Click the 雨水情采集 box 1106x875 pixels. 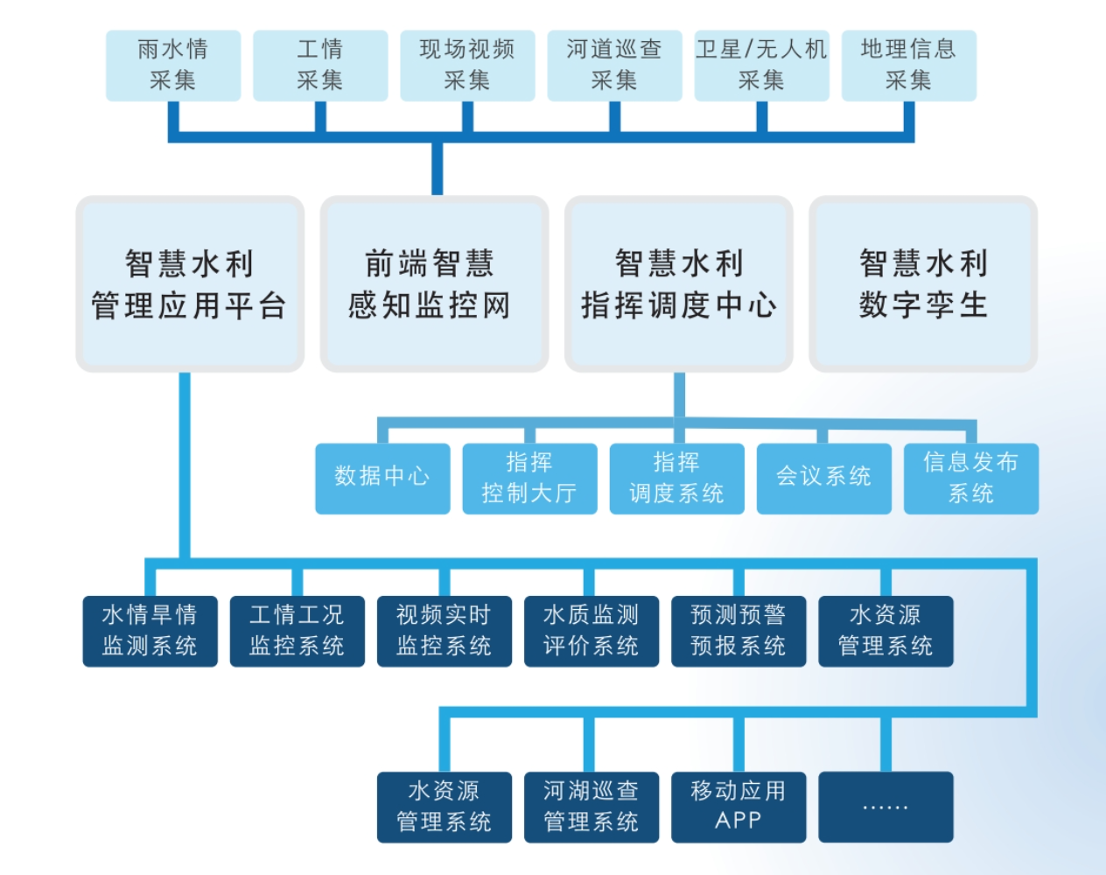pyautogui.click(x=173, y=66)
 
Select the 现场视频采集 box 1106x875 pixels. pyautogui.click(x=467, y=66)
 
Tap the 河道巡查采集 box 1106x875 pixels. pyautogui.click(x=614, y=66)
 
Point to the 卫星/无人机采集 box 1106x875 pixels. pyautogui.click(x=761, y=66)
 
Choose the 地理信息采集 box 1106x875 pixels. pyautogui.click(x=908, y=66)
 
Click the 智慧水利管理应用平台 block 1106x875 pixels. pyautogui.click(x=190, y=284)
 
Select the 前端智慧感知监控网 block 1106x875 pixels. pyautogui.click(x=434, y=284)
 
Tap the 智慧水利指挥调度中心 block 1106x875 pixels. pyautogui.click(x=679, y=284)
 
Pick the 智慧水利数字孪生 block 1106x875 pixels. pyautogui.click(x=923, y=284)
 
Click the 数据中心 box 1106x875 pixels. pyautogui.click(x=382, y=478)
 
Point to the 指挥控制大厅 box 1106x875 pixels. pyautogui.click(x=529, y=478)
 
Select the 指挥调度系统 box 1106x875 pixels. pyautogui.click(x=676, y=478)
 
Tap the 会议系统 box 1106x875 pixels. pyautogui.click(x=823, y=478)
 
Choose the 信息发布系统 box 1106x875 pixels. pyautogui.click(x=970, y=478)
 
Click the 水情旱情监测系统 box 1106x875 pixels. pyautogui.click(x=150, y=631)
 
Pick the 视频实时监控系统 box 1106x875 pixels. pyautogui.click(x=444, y=631)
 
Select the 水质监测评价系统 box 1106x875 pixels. pyautogui.click(x=591, y=631)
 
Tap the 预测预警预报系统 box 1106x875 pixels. pyautogui.click(x=738, y=631)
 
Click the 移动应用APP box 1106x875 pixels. pyautogui.click(x=738, y=807)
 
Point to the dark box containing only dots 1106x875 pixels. pyautogui.click(x=885, y=807)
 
